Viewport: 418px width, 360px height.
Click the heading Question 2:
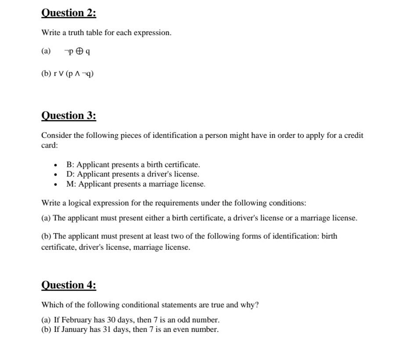(x=68, y=13)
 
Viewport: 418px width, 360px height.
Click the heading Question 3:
(x=68, y=116)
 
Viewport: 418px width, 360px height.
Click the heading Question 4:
(x=68, y=285)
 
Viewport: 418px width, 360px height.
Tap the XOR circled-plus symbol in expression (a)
(x=79, y=51)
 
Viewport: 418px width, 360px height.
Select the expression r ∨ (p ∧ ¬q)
(x=73, y=74)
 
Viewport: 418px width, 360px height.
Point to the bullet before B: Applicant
(x=55, y=165)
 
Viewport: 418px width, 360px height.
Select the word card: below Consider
(x=50, y=145)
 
